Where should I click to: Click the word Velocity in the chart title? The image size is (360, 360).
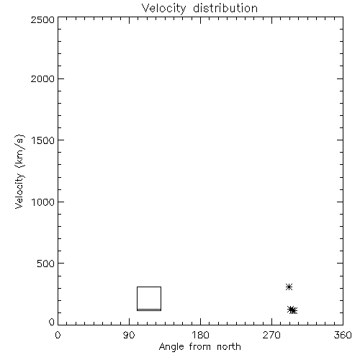pyautogui.click(x=164, y=9)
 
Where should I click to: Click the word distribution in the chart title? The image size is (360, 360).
pyautogui.click(x=225, y=8)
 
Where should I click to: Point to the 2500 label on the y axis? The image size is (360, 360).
pyautogui.click(x=42, y=19)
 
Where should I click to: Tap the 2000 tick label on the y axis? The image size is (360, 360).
pyautogui.click(x=42, y=78)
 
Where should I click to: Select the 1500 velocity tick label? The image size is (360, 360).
pyautogui.click(x=43, y=140)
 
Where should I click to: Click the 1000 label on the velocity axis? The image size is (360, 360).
pyautogui.click(x=43, y=202)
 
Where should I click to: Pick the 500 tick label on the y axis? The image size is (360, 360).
pyautogui.click(x=46, y=264)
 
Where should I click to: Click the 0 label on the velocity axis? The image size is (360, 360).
pyautogui.click(x=52, y=322)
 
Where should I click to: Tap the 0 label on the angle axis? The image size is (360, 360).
pyautogui.click(x=58, y=335)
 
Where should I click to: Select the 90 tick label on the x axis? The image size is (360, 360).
pyautogui.click(x=129, y=335)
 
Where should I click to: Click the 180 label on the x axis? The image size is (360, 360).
pyautogui.click(x=200, y=335)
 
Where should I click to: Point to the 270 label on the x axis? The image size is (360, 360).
pyautogui.click(x=271, y=335)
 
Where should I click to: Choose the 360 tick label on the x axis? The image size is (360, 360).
pyautogui.click(x=343, y=335)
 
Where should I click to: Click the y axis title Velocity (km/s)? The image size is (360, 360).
pyautogui.click(x=19, y=171)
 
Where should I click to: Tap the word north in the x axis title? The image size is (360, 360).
pyautogui.click(x=229, y=347)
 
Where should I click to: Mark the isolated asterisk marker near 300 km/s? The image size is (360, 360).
pyautogui.click(x=289, y=287)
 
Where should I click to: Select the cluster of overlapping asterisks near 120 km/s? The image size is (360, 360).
pyautogui.click(x=292, y=310)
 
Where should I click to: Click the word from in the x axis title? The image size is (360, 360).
pyautogui.click(x=200, y=347)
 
